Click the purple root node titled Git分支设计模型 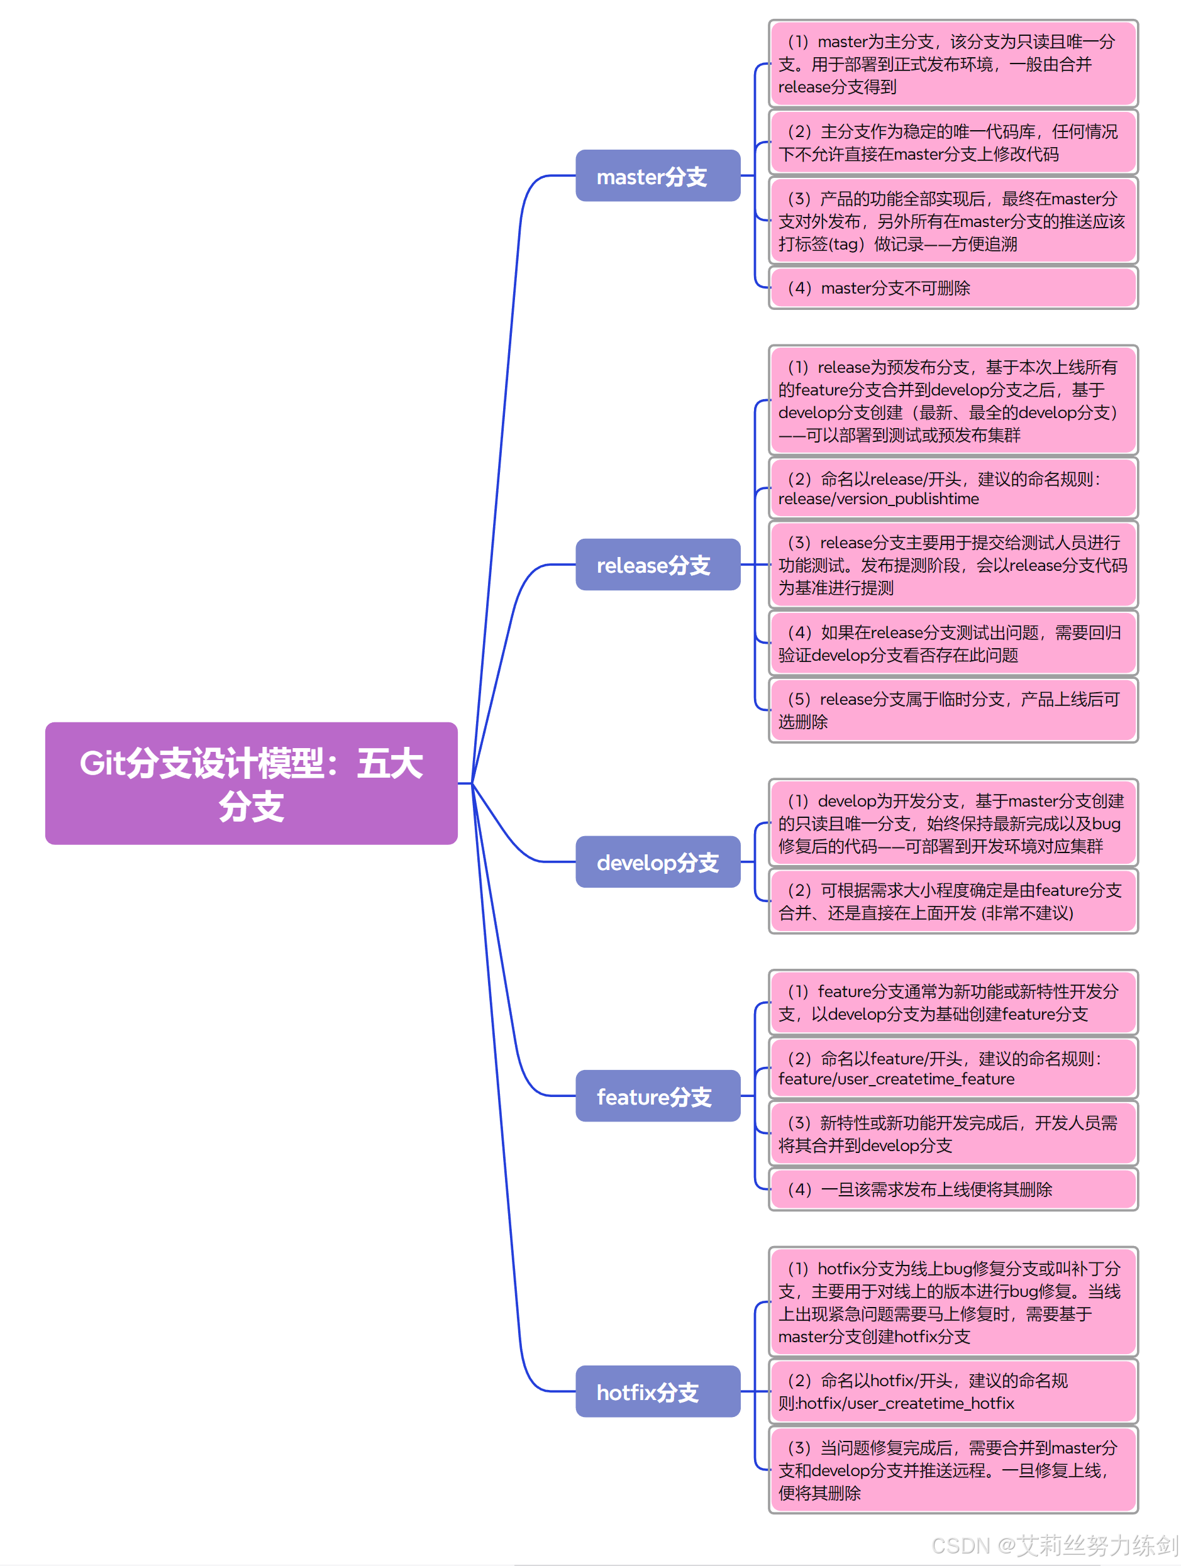click(251, 783)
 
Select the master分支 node click(657, 175)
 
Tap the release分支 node click(657, 565)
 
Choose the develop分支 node click(657, 862)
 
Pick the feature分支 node click(657, 1096)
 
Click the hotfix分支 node click(657, 1392)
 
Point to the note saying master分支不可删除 click(952, 288)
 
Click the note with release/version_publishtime click(952, 488)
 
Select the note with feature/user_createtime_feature click(952, 1068)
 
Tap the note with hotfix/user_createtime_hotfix click(952, 1391)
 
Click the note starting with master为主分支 click(952, 64)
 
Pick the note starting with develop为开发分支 click(952, 824)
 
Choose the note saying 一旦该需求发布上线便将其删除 click(952, 1189)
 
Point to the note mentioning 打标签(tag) click(952, 221)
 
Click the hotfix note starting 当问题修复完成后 click(952, 1470)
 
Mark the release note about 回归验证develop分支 click(952, 644)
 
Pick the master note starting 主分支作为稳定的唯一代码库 click(952, 143)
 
